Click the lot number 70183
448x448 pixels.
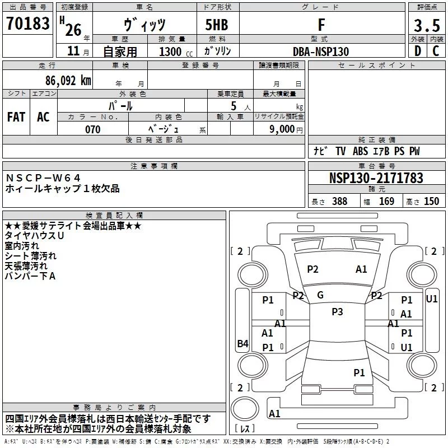(x=27, y=23)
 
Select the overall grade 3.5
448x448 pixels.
(x=427, y=25)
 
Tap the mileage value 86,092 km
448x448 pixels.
(x=68, y=80)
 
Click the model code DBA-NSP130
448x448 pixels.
(x=321, y=52)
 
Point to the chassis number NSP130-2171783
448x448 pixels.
(x=376, y=178)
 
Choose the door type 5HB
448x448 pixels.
(x=217, y=25)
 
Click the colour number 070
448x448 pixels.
(x=92, y=129)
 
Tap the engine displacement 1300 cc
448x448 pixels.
(x=176, y=52)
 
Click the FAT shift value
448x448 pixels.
(x=16, y=117)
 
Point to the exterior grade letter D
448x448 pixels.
(x=418, y=51)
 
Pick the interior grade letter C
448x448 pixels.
(x=436, y=51)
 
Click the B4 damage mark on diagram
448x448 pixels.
(x=243, y=343)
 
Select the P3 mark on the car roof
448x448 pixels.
(x=337, y=312)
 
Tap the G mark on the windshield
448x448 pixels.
(x=320, y=295)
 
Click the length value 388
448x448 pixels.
(x=339, y=201)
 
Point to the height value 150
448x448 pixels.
(x=431, y=201)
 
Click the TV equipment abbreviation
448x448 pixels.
(x=340, y=151)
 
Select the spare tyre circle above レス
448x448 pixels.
(x=245, y=409)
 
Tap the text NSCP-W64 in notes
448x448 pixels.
(x=43, y=178)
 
